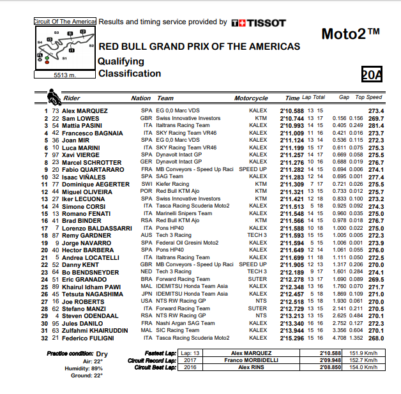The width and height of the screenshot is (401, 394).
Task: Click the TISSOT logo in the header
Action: point(259,22)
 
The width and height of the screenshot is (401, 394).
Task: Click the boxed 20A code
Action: point(372,75)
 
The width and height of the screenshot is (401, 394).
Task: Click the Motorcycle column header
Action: point(251,98)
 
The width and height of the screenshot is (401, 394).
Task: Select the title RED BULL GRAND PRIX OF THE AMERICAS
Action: point(199,47)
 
